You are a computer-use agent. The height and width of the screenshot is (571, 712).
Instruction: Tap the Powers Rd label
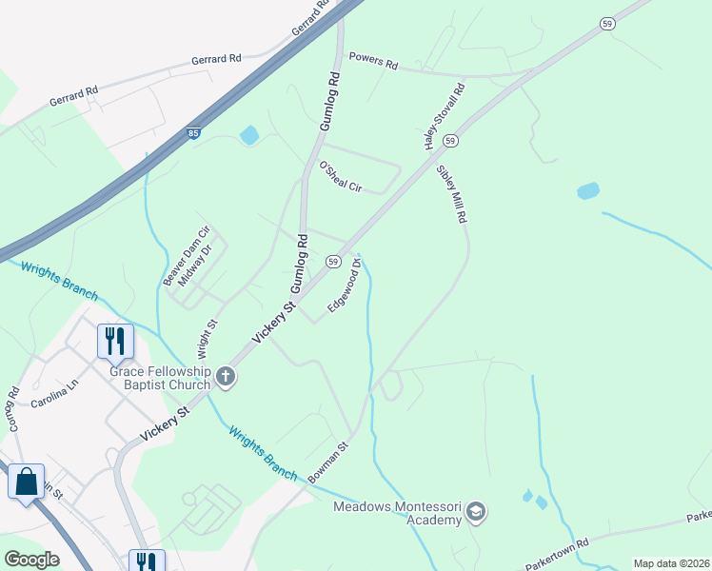pos(373,62)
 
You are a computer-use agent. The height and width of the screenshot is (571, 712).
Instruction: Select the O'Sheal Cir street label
pos(341,177)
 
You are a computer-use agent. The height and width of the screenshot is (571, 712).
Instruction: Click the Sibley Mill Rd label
pos(451,195)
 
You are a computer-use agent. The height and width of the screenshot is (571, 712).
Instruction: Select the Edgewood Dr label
pos(344,285)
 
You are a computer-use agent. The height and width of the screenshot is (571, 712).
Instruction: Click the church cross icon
pos(227,378)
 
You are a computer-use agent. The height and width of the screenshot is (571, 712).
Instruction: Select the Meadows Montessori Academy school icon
pos(475,514)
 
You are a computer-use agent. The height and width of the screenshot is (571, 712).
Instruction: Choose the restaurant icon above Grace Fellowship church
pos(115,340)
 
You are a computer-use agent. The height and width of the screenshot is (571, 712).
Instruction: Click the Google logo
pos(32,560)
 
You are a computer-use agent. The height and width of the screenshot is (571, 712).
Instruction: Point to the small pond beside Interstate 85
pos(249,135)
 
